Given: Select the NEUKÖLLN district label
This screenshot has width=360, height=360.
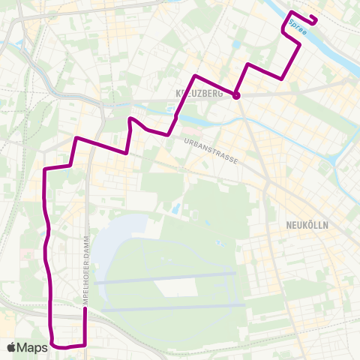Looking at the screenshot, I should pyautogui.click(x=308, y=224).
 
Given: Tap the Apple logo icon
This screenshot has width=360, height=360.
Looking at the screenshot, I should pyautogui.click(x=12, y=347).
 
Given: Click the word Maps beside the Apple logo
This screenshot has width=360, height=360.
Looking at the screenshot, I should pyautogui.click(x=33, y=347).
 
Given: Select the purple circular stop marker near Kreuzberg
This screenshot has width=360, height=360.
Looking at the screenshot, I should pyautogui.click(x=235, y=95).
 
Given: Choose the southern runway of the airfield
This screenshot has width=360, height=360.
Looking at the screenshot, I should pyautogui.click(x=172, y=307).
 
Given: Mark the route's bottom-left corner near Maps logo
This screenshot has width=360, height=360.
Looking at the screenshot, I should pyautogui.click(x=54, y=345).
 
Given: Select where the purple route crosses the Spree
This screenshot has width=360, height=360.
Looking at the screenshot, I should pyautogui.click(x=289, y=21).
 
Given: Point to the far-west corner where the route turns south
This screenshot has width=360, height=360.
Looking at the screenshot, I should pyautogui.click(x=45, y=170).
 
